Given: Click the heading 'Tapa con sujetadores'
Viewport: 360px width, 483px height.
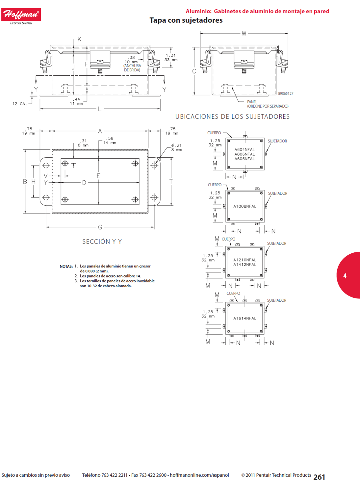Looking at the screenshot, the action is pos(186,20).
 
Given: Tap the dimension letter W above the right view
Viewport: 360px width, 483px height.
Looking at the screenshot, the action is pos(244,34).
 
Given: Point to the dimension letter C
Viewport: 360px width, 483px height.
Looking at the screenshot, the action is pos(194,71).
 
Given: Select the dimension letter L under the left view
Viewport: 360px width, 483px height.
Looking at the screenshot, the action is pos(100,109).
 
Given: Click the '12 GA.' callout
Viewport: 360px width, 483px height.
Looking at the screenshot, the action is pos(20,104).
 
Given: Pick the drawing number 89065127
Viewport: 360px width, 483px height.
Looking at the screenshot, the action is pos(286,93).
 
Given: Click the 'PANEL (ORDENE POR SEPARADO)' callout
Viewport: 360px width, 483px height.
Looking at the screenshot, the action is pos(268,104).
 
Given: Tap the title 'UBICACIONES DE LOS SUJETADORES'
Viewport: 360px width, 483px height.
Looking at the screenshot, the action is pos(232,116).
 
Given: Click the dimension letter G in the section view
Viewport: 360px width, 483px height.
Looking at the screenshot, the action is pos(100,227).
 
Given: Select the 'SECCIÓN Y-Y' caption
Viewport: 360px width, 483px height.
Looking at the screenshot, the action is pos(102,241).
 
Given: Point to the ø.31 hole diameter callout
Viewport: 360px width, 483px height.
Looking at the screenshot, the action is pos(176,147).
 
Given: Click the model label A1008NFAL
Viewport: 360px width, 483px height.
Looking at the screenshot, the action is pos(245,206).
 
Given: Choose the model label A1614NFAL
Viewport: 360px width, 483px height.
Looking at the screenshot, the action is pos(245,318).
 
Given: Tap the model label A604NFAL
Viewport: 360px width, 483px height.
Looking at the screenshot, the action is pos(244,150).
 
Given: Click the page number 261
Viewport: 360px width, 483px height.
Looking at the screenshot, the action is pos(319,477).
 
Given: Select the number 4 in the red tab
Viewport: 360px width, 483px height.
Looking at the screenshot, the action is pos(345,276).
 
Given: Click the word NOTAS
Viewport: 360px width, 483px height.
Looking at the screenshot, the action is pos(66,267).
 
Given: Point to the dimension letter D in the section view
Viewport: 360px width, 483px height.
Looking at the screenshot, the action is pos(84,183).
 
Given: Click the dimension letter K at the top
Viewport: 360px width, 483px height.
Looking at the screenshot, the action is pos(79,39).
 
